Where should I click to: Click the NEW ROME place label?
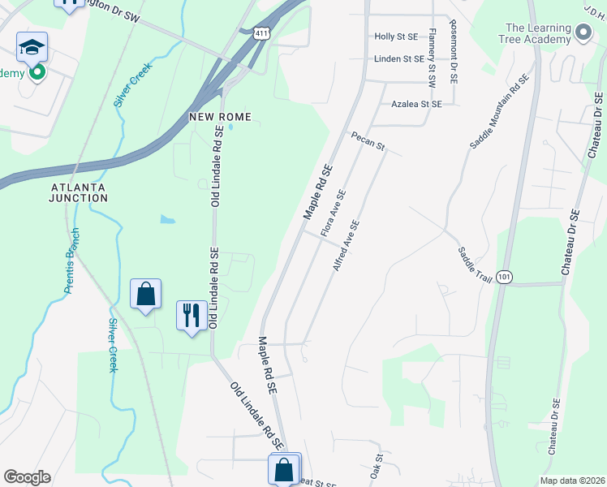pyautogui.click(x=220, y=117)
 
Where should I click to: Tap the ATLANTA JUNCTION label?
pyautogui.click(x=78, y=192)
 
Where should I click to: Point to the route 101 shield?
pyautogui.click(x=505, y=277)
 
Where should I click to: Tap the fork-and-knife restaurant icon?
pyautogui.click(x=192, y=315)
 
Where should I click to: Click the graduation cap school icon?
pyautogui.click(x=32, y=47)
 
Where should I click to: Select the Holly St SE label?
pyautogui.click(x=396, y=37)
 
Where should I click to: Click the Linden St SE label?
pyautogui.click(x=398, y=58)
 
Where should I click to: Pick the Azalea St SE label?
pyautogui.click(x=416, y=104)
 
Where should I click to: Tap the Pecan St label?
pyautogui.click(x=367, y=142)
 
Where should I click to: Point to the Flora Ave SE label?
pyautogui.click(x=334, y=213)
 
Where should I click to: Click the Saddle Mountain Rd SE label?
pyautogui.click(x=499, y=112)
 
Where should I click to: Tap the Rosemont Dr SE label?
pyautogui.click(x=453, y=53)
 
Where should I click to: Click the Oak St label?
pyautogui.click(x=377, y=466)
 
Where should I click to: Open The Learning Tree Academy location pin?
pyautogui.click(x=583, y=33)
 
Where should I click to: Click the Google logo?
pyautogui.click(x=27, y=477)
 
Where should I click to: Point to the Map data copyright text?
pyautogui.click(x=572, y=481)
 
